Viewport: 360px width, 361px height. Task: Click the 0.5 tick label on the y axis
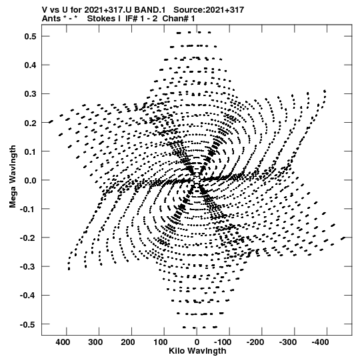click(31, 37)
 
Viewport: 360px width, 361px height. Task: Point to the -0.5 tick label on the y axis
click(28, 324)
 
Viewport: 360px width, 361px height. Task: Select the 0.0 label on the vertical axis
click(31, 180)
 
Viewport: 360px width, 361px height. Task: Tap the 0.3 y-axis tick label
click(31, 94)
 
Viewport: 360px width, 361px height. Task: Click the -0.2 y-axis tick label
click(28, 238)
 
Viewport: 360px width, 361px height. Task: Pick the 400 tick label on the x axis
click(63, 342)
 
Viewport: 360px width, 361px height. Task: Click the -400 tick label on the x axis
click(321, 342)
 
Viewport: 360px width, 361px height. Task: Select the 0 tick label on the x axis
click(197, 342)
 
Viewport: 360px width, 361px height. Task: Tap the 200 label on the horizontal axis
click(128, 342)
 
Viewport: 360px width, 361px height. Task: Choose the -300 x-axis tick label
click(288, 342)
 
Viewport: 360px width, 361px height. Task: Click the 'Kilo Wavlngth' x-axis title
click(197, 351)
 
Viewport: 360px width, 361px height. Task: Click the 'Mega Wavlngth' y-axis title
click(13, 177)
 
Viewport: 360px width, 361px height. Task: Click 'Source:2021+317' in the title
click(209, 10)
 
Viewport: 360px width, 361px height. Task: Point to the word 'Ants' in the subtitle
click(51, 19)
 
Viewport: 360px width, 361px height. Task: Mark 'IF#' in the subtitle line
click(131, 19)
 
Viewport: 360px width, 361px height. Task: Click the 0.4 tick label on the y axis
click(31, 65)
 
